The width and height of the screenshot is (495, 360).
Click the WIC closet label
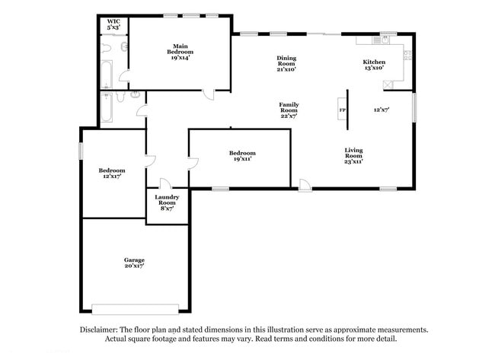(113, 24)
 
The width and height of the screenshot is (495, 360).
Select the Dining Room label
(286, 63)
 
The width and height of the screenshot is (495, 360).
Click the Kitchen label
(373, 64)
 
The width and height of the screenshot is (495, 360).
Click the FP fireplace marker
(341, 110)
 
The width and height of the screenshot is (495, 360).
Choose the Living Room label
(354, 155)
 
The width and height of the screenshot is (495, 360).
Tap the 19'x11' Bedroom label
(241, 156)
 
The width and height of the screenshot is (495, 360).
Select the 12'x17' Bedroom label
(111, 173)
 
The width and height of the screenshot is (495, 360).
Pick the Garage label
(135, 263)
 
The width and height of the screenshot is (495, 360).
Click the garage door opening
(136, 308)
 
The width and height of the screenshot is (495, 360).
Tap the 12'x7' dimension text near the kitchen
(382, 110)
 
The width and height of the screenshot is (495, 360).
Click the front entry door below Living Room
(304, 184)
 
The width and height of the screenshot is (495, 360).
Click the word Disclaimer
(101, 330)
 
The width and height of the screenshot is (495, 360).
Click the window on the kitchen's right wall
(414, 107)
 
